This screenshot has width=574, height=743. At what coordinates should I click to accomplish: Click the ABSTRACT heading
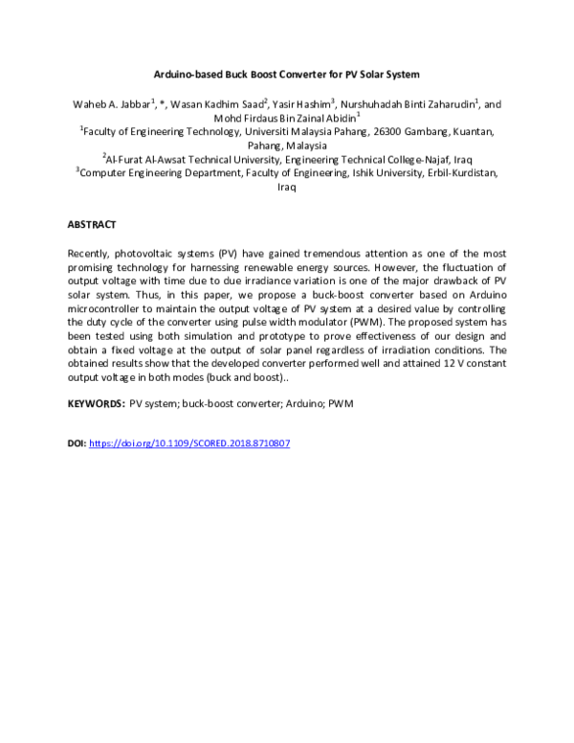click(x=92, y=225)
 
